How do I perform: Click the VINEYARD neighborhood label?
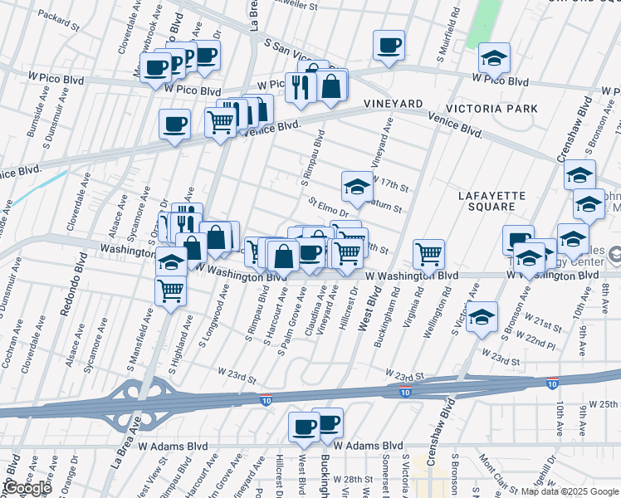pos(394,103)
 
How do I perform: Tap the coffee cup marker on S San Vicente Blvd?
pos(388,45)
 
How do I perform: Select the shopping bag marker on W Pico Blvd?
pos(330,85)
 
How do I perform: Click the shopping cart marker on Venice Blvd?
pos(220,123)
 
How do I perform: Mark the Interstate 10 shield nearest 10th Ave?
pos(553,383)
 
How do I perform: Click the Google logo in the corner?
pos(27,488)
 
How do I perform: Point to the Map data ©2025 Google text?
pos(570,491)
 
